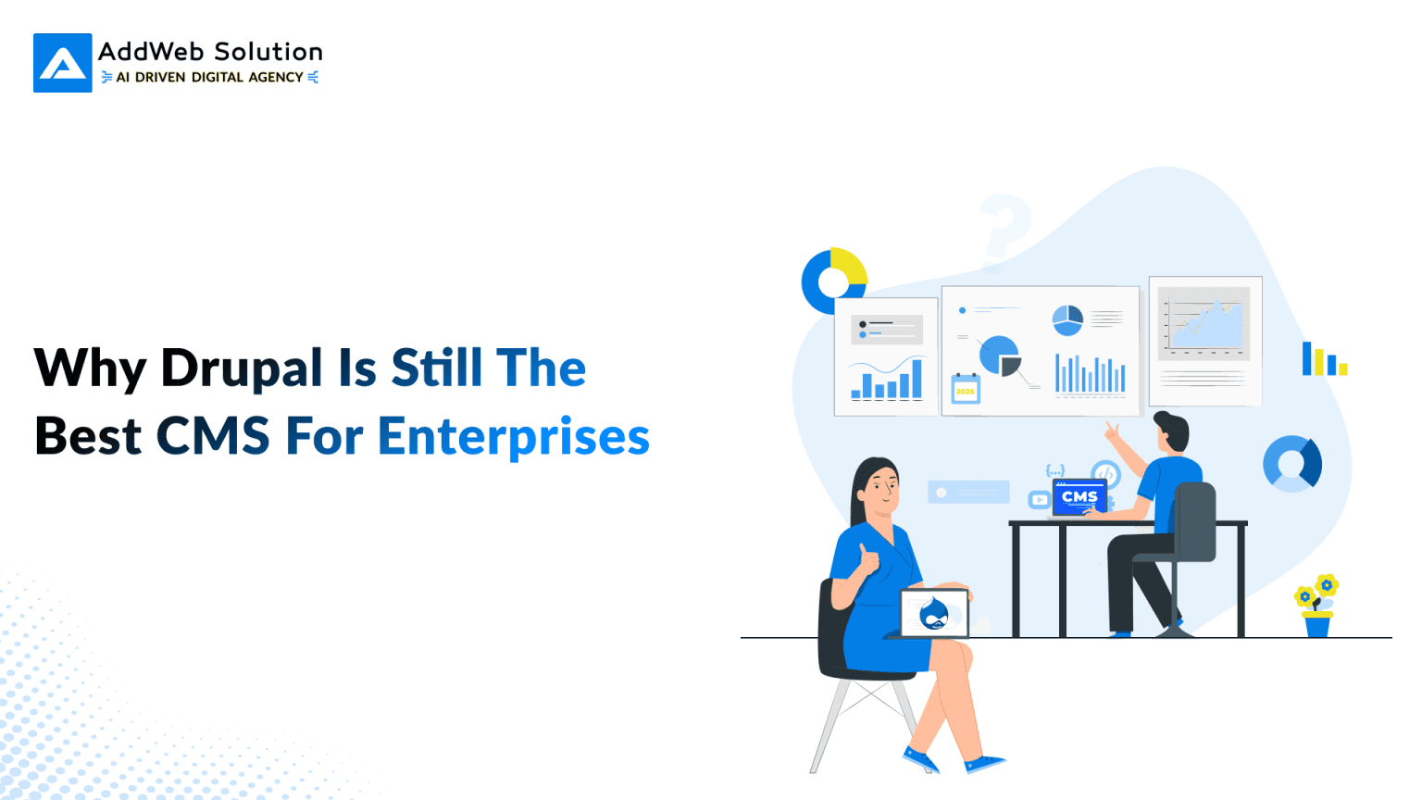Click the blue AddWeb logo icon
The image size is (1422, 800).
63,63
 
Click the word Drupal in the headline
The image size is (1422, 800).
242,369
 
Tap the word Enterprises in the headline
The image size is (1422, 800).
514,437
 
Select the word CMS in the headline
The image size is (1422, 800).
213,437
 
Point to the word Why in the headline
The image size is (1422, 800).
89,369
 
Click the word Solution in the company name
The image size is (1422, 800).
268,52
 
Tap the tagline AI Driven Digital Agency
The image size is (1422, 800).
210,78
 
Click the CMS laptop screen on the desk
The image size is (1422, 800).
1079,497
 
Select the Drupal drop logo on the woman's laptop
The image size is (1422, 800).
934,613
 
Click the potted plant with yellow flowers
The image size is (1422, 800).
1316,606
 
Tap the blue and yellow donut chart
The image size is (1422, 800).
833,280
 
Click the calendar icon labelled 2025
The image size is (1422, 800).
966,388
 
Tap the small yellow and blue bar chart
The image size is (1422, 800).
1324,359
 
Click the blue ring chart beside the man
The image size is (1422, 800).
1292,463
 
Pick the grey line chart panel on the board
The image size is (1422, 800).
1204,323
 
